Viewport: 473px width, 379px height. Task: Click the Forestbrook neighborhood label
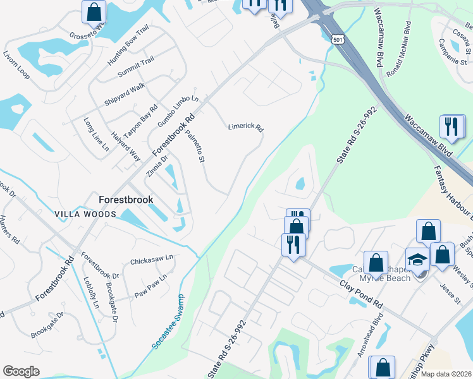(126, 199)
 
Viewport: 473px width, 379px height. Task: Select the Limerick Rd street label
(245, 126)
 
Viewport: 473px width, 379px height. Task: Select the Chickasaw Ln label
(151, 259)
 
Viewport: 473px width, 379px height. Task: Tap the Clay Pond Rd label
(361, 295)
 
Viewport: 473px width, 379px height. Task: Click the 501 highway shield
(338, 39)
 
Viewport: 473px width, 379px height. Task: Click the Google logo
(21, 371)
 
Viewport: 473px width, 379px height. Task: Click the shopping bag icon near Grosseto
(94, 11)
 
